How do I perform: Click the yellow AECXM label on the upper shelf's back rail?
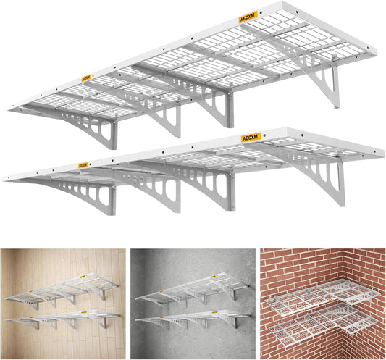pyautogui.click(x=247, y=17)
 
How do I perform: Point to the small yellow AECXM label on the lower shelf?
pyautogui.click(x=83, y=165)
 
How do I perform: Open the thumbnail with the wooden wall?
pyautogui.click(x=62, y=304)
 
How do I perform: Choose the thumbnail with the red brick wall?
pyautogui.click(x=322, y=304)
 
